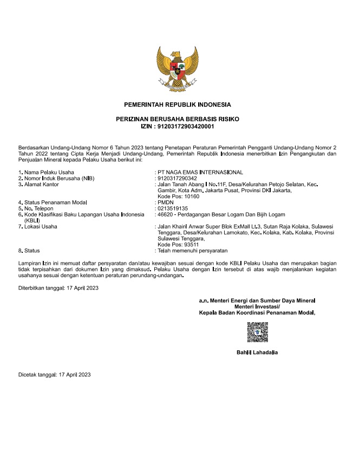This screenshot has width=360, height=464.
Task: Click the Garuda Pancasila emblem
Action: click(177, 69)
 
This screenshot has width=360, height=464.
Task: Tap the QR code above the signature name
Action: click(258, 332)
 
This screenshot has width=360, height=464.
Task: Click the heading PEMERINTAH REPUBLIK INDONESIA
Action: click(177, 104)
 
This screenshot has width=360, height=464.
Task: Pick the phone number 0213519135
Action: click(173, 208)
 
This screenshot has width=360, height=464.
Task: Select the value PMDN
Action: click(164, 202)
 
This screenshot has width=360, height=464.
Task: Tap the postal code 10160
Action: click(188, 196)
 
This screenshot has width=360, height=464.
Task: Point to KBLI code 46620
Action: click(165, 214)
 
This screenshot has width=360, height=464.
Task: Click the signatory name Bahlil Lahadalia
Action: click(257, 352)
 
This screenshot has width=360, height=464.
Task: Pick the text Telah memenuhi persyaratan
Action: click(193, 251)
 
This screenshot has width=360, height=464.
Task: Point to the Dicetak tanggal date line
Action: click(55, 375)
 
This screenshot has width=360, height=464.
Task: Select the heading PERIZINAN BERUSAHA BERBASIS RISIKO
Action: click(177, 119)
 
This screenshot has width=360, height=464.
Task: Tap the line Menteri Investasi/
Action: click(257, 306)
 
